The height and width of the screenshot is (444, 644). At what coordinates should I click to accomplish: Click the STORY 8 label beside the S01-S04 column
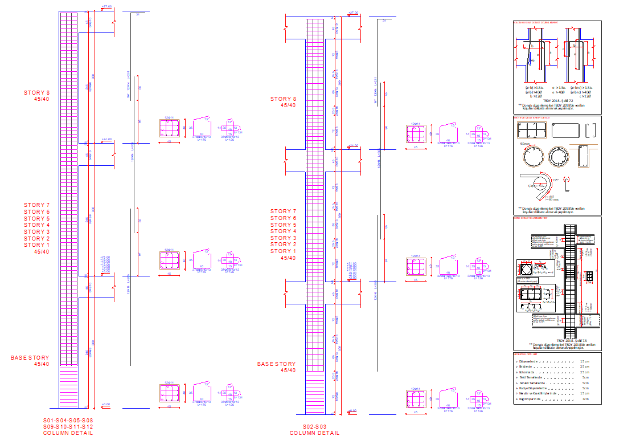(x=37, y=92)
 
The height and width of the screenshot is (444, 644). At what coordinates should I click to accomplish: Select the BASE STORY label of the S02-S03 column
(x=277, y=364)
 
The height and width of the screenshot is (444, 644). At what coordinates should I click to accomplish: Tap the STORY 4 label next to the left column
(x=37, y=225)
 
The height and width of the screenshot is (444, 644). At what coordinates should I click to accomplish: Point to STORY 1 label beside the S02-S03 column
(x=284, y=251)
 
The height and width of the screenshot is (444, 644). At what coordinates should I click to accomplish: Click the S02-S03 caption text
(x=314, y=426)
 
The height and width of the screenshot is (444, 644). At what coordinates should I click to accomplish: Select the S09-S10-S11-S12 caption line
(x=68, y=426)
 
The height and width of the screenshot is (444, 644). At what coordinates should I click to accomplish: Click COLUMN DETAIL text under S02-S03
(x=314, y=433)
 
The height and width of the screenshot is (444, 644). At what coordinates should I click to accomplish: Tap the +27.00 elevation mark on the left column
(x=106, y=7)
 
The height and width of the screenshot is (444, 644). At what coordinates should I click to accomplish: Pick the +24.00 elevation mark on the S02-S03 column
(x=353, y=145)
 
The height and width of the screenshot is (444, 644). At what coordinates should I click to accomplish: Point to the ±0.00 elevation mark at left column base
(x=105, y=405)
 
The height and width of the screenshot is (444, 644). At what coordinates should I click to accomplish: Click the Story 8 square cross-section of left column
(x=169, y=129)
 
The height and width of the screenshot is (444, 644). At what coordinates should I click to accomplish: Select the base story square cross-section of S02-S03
(x=416, y=400)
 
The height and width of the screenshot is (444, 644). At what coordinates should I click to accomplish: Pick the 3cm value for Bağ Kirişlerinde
(x=585, y=399)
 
